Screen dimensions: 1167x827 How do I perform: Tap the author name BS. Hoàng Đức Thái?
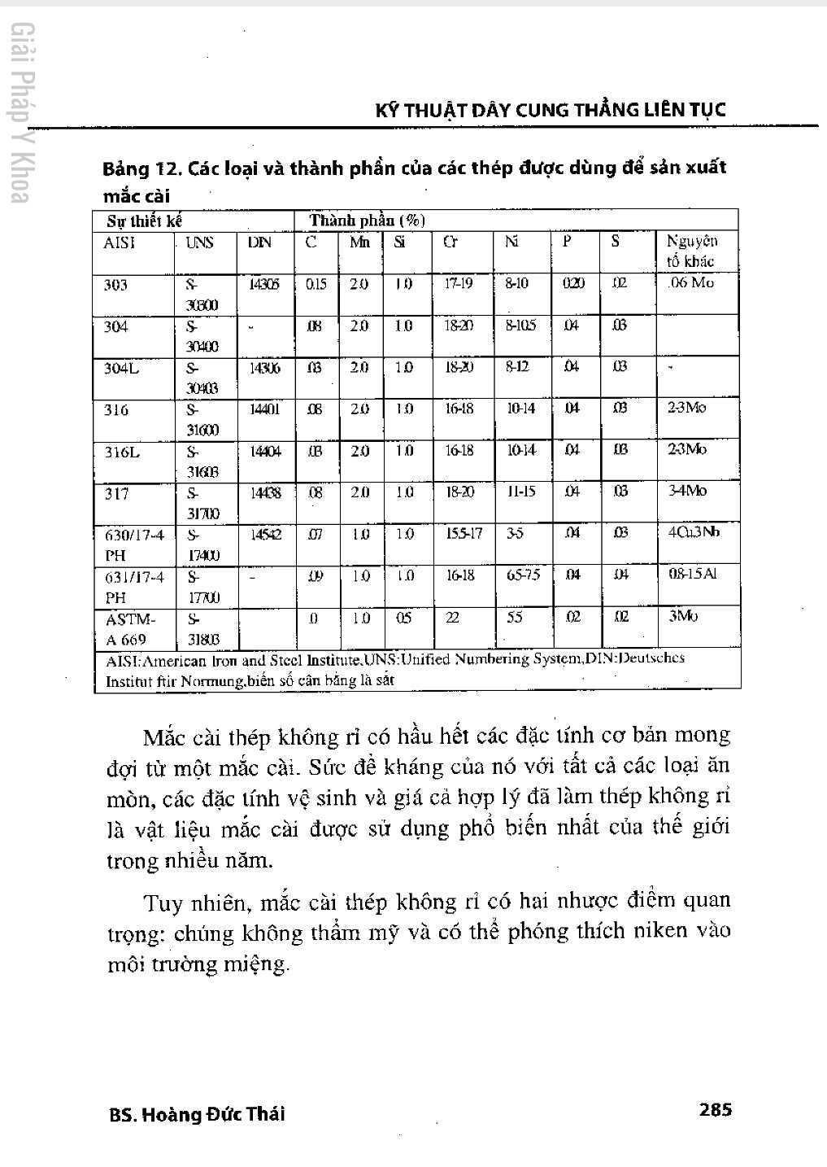click(x=197, y=1114)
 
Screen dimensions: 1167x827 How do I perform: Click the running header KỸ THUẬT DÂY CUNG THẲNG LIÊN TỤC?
click(x=551, y=110)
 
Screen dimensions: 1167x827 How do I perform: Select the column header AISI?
click(x=120, y=243)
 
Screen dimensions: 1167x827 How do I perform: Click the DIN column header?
click(x=259, y=243)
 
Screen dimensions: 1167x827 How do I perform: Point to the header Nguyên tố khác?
click(x=691, y=251)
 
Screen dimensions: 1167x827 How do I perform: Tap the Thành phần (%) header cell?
click(x=367, y=221)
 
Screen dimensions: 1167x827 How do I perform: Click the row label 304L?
click(x=121, y=368)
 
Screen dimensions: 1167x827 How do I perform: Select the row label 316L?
click(x=122, y=452)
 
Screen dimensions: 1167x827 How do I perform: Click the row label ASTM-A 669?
click(x=125, y=629)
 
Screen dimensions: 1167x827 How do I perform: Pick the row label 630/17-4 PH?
click(x=134, y=545)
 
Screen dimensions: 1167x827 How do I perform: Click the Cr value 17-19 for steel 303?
click(x=459, y=284)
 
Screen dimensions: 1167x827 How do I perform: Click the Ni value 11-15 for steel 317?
click(x=521, y=492)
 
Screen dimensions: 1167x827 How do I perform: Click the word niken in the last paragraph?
click(x=660, y=931)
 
